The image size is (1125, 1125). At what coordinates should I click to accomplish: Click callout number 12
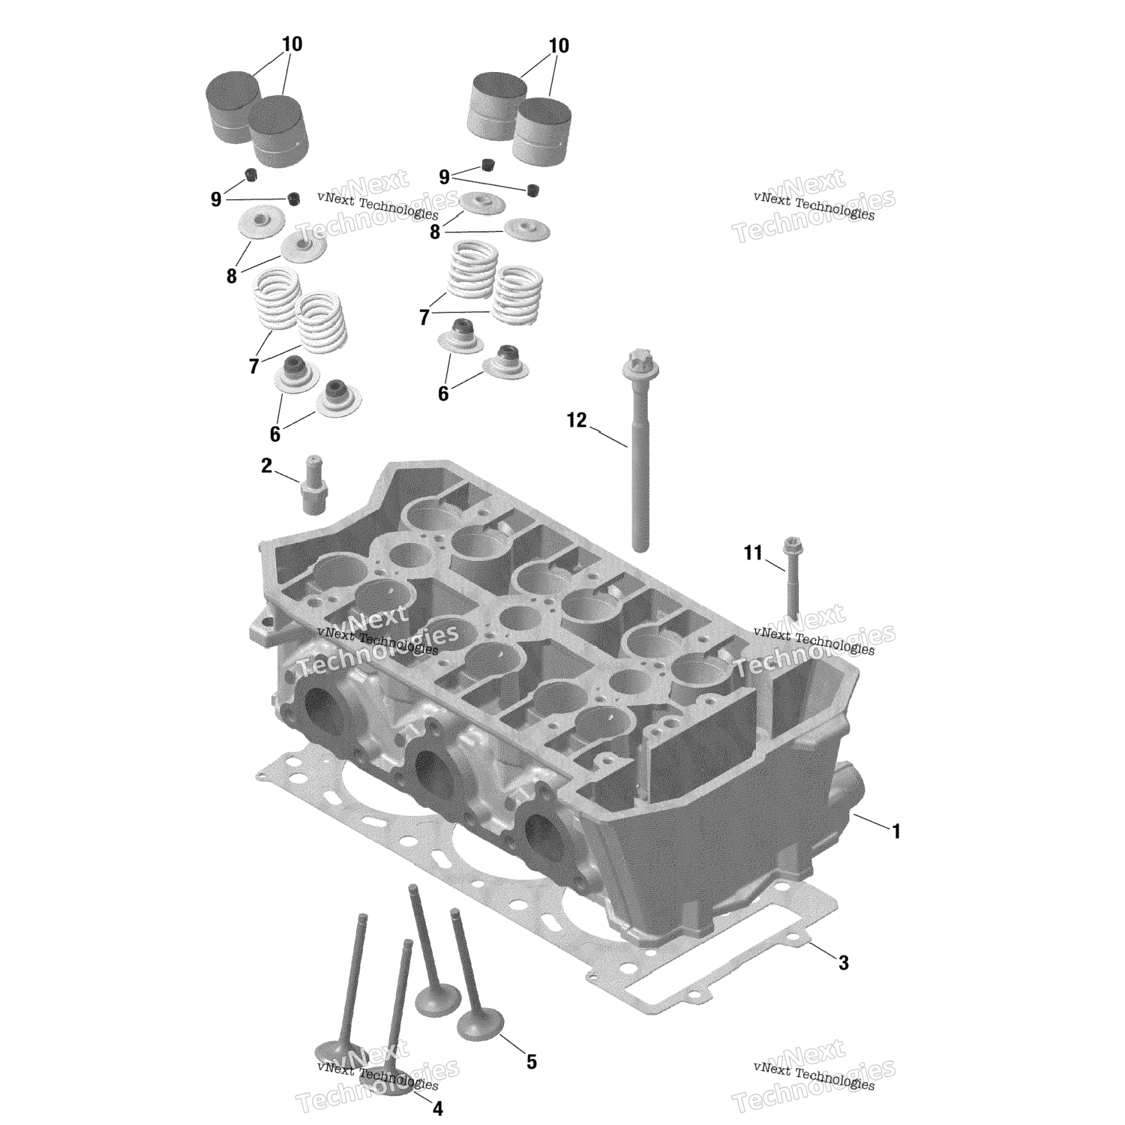(x=576, y=420)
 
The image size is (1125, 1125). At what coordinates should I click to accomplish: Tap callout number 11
(x=752, y=553)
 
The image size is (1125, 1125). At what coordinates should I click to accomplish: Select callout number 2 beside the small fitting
(x=267, y=466)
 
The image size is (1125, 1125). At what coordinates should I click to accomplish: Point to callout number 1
(x=895, y=831)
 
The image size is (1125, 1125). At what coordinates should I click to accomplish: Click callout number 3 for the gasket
(x=844, y=962)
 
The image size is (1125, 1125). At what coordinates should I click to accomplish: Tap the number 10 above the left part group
(x=292, y=44)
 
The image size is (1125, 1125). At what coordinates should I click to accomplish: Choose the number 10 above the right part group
(x=559, y=46)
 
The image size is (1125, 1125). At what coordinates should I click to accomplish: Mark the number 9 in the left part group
(x=216, y=199)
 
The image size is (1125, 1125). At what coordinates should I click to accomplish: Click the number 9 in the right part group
(x=444, y=177)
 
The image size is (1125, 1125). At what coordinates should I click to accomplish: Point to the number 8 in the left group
(x=231, y=277)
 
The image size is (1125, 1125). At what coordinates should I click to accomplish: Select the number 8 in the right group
(x=435, y=232)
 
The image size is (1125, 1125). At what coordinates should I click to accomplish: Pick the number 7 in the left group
(x=253, y=367)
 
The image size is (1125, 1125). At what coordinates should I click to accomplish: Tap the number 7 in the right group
(x=424, y=318)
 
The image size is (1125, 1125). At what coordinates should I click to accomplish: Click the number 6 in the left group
(x=274, y=433)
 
